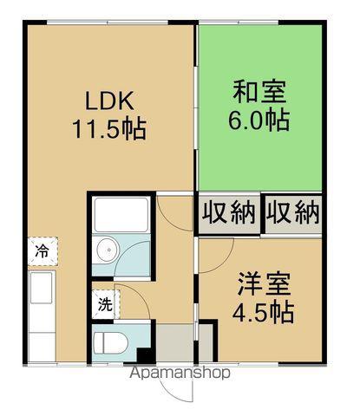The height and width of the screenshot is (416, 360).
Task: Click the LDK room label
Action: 110,101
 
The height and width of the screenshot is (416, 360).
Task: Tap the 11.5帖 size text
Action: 109,129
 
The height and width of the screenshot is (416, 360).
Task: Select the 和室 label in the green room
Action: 259,92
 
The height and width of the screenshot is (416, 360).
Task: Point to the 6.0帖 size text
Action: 259,120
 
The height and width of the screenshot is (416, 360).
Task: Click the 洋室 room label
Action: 264,284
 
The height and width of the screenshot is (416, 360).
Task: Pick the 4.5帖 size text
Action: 264,312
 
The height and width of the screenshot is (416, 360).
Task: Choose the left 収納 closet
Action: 229,214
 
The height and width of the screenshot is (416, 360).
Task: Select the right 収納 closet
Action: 293,214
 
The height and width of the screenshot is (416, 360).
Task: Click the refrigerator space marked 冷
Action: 43,251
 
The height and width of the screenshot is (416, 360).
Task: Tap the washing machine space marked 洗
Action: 106,304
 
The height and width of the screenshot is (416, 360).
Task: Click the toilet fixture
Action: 111,342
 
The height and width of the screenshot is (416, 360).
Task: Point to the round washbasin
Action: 108,250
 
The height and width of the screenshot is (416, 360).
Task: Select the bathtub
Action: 121,215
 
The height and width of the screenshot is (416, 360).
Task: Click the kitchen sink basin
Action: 43,288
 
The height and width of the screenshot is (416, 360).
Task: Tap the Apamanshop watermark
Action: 180,374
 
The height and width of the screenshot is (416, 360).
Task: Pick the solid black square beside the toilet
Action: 146,356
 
